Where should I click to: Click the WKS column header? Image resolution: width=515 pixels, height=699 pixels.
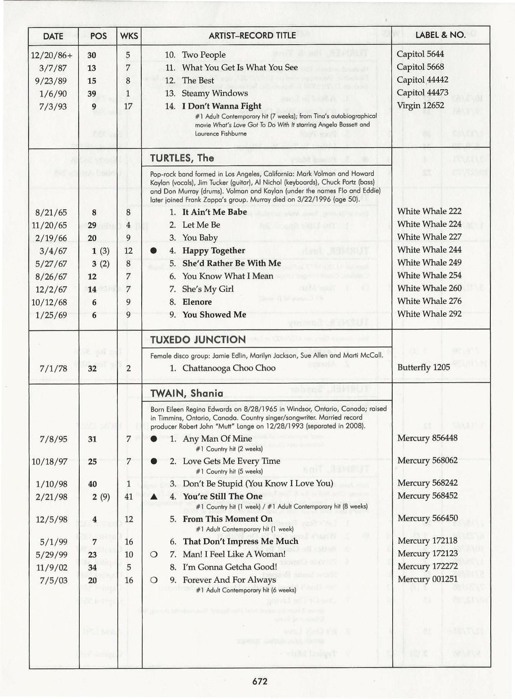pyautogui.click(x=129, y=36)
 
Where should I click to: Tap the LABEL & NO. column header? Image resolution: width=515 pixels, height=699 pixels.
pyautogui.click(x=440, y=35)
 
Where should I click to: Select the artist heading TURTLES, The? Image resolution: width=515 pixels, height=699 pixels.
pyautogui.click(x=182, y=158)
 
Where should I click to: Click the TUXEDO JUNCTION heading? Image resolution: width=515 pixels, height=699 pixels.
pyautogui.click(x=198, y=339)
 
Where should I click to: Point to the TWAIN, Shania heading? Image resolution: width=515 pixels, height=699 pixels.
pyautogui.click(x=187, y=393)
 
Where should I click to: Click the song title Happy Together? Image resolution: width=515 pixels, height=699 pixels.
pyautogui.click(x=214, y=251)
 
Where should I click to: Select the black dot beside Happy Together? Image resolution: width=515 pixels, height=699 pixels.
pyautogui.click(x=154, y=251)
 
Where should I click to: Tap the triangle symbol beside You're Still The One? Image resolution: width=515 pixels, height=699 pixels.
pyautogui.click(x=154, y=497)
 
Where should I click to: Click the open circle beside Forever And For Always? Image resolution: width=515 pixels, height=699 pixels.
pyautogui.click(x=154, y=580)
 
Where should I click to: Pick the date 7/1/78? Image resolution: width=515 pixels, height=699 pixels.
pyautogui.click(x=53, y=368)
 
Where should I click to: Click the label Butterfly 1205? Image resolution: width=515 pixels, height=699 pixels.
pyautogui.click(x=423, y=367)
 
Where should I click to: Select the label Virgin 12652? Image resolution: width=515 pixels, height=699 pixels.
pyautogui.click(x=420, y=105)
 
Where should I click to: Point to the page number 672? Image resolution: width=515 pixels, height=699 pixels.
pyautogui.click(x=260, y=681)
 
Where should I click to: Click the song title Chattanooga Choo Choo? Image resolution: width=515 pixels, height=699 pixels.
pyautogui.click(x=229, y=368)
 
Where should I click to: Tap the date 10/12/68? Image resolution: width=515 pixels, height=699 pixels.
pyautogui.click(x=49, y=302)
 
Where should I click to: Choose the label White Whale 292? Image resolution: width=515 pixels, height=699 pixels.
pyautogui.click(x=429, y=314)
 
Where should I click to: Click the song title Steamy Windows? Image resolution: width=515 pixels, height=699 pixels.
pyautogui.click(x=215, y=93)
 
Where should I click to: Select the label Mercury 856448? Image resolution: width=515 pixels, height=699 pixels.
pyautogui.click(x=427, y=438)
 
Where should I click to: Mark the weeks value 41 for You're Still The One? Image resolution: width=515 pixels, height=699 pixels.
pyautogui.click(x=129, y=497)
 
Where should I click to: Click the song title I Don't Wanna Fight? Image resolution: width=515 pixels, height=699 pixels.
pyautogui.click(x=222, y=106)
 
